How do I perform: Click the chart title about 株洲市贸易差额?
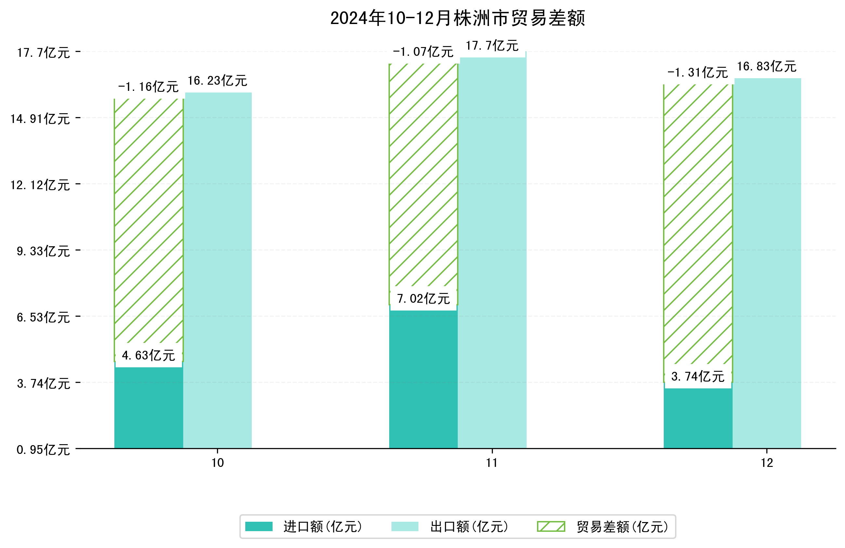(x=457, y=18)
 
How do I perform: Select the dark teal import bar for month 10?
(x=148, y=408)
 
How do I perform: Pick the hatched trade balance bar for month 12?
(x=698, y=224)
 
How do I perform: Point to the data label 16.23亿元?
(x=217, y=81)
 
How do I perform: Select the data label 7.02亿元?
(x=423, y=298)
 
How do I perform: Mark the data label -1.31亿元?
(x=697, y=73)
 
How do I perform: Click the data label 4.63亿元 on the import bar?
(x=148, y=355)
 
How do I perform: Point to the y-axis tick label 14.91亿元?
(x=40, y=119)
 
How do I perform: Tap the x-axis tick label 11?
(x=492, y=463)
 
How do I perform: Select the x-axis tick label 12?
(x=767, y=463)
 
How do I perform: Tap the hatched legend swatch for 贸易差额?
(x=551, y=526)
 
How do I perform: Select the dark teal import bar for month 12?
(x=698, y=419)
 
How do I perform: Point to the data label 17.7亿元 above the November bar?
(x=492, y=46)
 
